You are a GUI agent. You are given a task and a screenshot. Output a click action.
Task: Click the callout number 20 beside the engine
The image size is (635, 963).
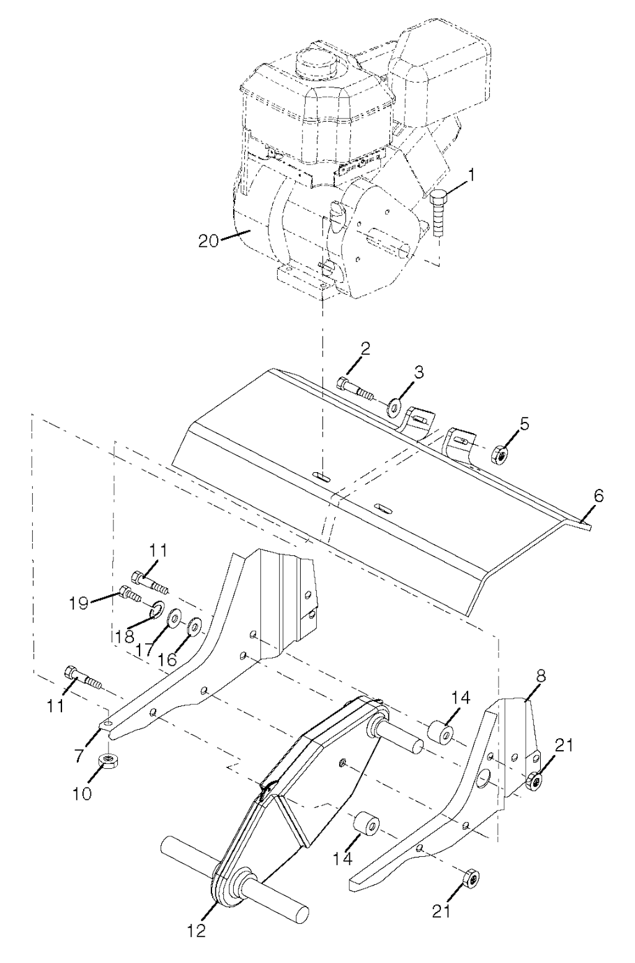208,240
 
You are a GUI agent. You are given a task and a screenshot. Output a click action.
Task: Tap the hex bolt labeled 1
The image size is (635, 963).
438,213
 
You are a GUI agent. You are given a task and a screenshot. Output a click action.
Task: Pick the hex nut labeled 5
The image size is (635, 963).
500,454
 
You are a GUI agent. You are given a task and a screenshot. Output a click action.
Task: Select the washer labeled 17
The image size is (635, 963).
174,618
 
